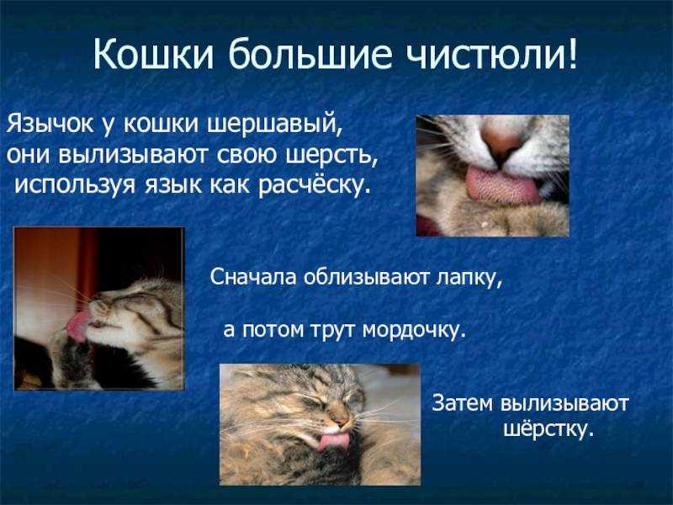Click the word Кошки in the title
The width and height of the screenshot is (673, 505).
pyautogui.click(x=153, y=54)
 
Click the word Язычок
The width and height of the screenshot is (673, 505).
pyautogui.click(x=50, y=124)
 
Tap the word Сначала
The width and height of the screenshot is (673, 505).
pyautogui.click(x=253, y=277)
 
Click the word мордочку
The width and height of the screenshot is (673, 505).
pyautogui.click(x=414, y=330)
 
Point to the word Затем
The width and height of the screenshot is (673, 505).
pyautogui.click(x=462, y=403)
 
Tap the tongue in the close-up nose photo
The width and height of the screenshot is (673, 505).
pyautogui.click(x=502, y=185)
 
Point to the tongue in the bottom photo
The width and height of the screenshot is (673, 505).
pyautogui.click(x=333, y=441)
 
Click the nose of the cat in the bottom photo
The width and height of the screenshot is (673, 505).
pyautogui.click(x=340, y=419)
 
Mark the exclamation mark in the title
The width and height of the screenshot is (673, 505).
pyautogui.click(x=572, y=54)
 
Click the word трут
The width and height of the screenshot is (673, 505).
pyautogui.click(x=332, y=330)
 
